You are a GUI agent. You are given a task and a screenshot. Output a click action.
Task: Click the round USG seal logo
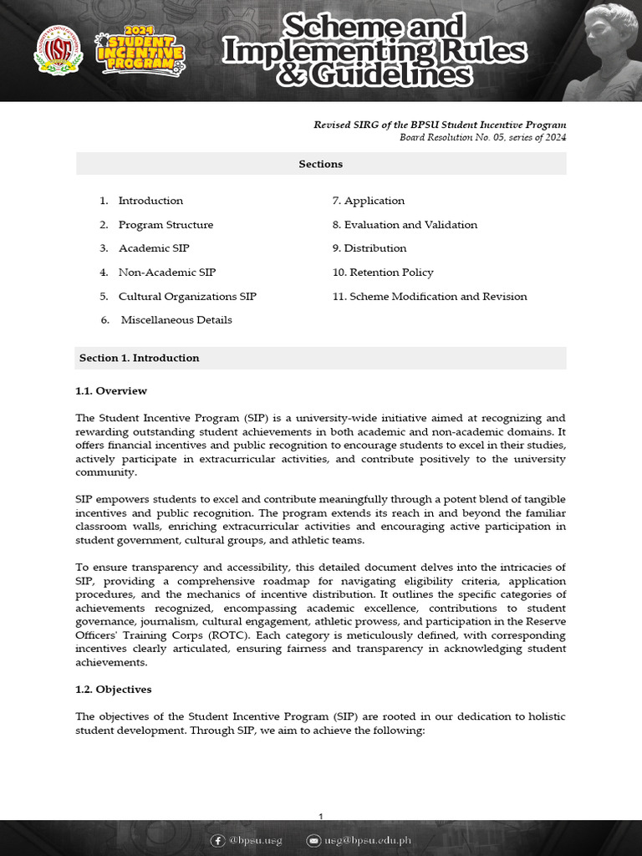click(x=59, y=50)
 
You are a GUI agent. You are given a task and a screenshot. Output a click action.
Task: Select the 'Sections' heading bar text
click(x=321, y=164)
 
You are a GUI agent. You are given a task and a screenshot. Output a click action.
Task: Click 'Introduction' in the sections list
click(x=150, y=201)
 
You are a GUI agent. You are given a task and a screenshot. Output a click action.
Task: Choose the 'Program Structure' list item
click(x=166, y=225)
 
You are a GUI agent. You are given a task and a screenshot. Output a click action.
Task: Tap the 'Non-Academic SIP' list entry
click(x=167, y=273)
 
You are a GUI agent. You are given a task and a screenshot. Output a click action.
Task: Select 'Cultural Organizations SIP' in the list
click(x=187, y=297)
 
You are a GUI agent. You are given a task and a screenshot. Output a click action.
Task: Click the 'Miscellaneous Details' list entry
click(x=176, y=320)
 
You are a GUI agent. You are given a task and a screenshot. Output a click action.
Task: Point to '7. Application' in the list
click(x=369, y=201)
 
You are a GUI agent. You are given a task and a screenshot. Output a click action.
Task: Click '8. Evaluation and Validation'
click(x=405, y=225)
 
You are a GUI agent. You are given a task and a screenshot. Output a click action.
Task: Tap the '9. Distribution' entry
click(x=369, y=248)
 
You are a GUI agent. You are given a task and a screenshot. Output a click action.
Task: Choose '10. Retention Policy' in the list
click(x=383, y=273)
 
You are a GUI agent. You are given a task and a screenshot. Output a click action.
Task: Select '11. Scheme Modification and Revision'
click(x=430, y=297)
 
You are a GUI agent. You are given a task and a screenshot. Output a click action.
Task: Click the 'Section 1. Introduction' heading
click(x=140, y=358)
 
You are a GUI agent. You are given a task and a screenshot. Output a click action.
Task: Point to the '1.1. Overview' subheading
click(x=111, y=390)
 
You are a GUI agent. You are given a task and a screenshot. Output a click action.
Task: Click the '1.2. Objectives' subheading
click(x=114, y=690)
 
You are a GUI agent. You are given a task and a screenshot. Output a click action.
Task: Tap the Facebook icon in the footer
click(x=218, y=840)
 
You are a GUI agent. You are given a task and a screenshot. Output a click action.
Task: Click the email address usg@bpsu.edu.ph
click(x=368, y=840)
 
